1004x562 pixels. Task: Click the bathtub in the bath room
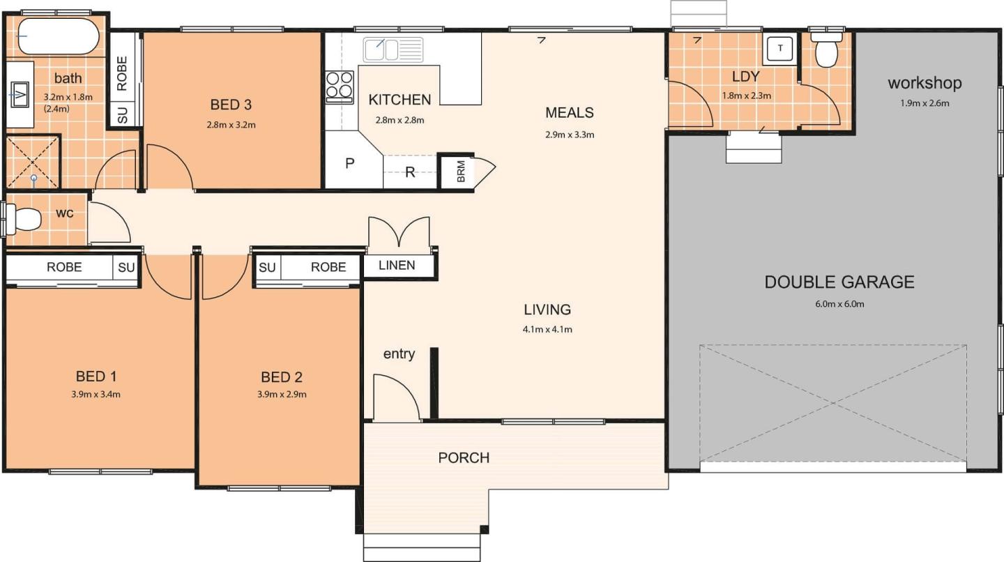59,36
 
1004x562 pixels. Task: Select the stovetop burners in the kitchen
340,85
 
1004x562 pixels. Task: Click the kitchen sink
393,50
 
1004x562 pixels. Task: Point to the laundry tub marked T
780,48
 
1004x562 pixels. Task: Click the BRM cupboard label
462,172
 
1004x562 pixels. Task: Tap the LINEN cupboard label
397,266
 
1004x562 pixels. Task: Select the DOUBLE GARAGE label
839,282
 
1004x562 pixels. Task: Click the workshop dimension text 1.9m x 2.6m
925,103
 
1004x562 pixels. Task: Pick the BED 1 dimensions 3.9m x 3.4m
96,395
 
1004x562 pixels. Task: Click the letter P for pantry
349,164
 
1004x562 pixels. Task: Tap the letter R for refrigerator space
410,172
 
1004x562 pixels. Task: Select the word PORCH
464,457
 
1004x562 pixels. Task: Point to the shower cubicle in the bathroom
33,161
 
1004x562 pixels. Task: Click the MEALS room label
569,112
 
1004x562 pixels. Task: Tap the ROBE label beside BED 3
122,73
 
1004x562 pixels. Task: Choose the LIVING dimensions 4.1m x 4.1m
547,329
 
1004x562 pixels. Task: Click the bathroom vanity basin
20,94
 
